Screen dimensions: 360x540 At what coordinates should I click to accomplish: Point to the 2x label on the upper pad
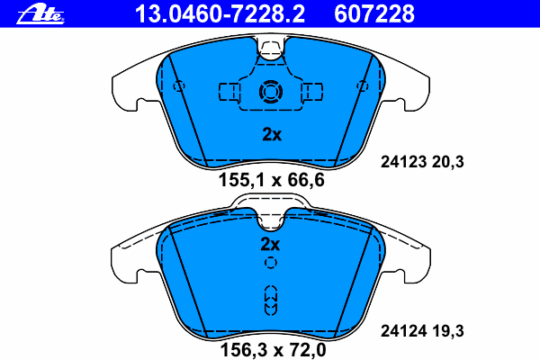271,135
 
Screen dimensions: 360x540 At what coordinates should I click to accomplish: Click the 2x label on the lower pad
270,244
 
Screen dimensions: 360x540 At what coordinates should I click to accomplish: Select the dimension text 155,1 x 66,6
271,180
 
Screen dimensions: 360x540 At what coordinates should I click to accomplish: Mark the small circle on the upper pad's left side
178,86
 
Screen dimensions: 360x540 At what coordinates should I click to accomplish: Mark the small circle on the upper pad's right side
363,86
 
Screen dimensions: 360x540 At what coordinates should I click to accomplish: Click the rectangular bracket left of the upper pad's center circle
229,91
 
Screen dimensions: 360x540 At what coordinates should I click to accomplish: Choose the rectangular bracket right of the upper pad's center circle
312,91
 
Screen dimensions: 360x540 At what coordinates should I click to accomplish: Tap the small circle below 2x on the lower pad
270,263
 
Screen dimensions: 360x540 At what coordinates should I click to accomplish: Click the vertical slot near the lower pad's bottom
270,299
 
